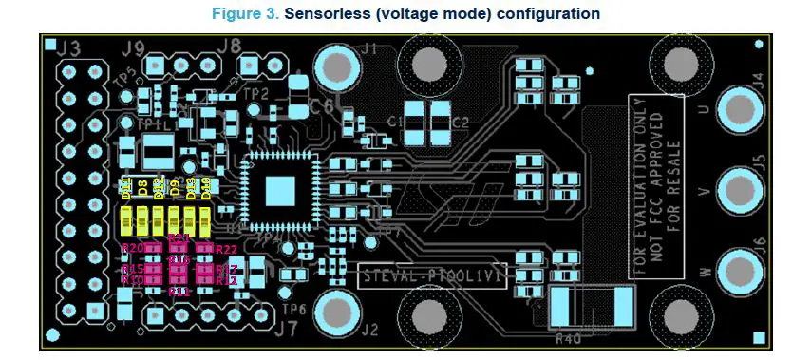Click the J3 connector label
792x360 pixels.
(x=68, y=47)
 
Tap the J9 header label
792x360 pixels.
(x=133, y=47)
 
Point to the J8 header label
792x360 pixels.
(x=229, y=45)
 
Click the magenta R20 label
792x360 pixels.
(x=132, y=248)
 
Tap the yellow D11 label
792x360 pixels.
(x=125, y=189)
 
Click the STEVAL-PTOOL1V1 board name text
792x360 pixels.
(x=433, y=277)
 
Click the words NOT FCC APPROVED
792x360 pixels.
(x=656, y=185)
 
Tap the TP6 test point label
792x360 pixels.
(x=293, y=310)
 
